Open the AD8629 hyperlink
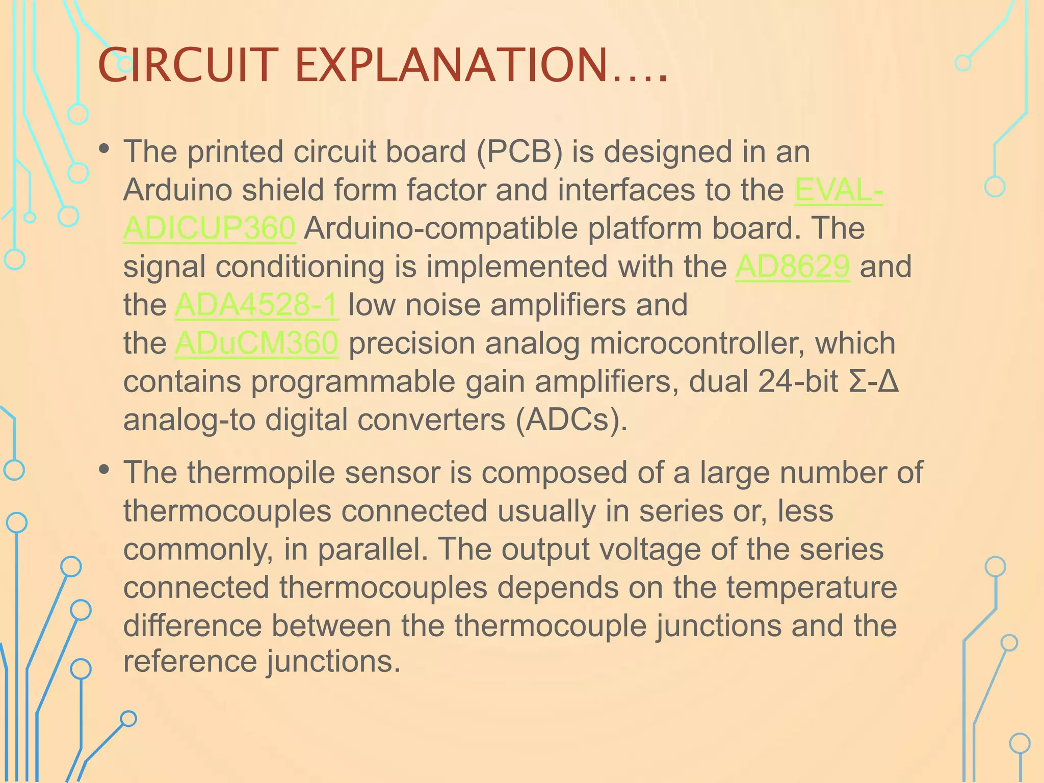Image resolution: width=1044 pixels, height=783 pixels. coord(792,266)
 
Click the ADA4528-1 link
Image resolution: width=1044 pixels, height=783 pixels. coord(256,304)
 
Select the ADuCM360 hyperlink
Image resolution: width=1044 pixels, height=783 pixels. coord(256,343)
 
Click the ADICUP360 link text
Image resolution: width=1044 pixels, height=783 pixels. coord(209,228)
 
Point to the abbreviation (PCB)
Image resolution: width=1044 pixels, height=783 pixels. coord(519,151)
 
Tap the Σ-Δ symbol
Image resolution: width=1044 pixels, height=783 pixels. coord(874,381)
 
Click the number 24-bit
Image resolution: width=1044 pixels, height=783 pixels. coord(798,381)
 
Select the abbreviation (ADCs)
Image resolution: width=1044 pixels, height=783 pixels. coord(571,420)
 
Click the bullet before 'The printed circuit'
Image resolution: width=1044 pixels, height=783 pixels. coord(105,149)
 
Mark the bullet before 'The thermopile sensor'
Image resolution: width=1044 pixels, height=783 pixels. coord(105,469)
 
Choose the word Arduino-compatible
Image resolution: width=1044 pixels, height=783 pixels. coord(441,228)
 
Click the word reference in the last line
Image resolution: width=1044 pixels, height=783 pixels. coord(190,661)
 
